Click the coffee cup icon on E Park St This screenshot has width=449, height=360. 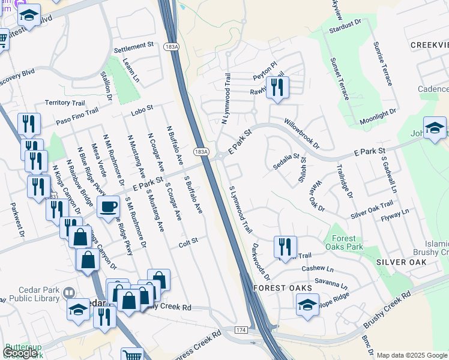108,207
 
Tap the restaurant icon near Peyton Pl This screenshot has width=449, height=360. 277,88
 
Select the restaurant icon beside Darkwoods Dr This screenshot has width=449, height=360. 285,247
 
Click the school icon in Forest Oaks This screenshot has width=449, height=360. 307,305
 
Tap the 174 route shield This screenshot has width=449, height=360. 241,331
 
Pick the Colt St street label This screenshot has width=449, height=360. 188,245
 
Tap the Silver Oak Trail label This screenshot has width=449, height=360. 372,210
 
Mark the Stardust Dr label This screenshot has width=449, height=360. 346,25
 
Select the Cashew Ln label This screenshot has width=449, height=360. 318,268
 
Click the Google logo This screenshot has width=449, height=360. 20,353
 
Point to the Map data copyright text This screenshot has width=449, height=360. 412,355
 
